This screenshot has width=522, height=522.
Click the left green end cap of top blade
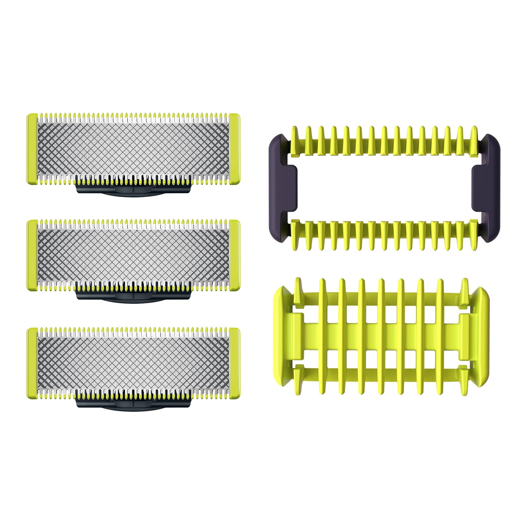(x=32, y=149)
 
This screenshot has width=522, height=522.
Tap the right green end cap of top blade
(x=235, y=149)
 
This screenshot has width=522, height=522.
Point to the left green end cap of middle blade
(x=32, y=255)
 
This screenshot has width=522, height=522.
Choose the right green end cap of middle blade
(x=235, y=255)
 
